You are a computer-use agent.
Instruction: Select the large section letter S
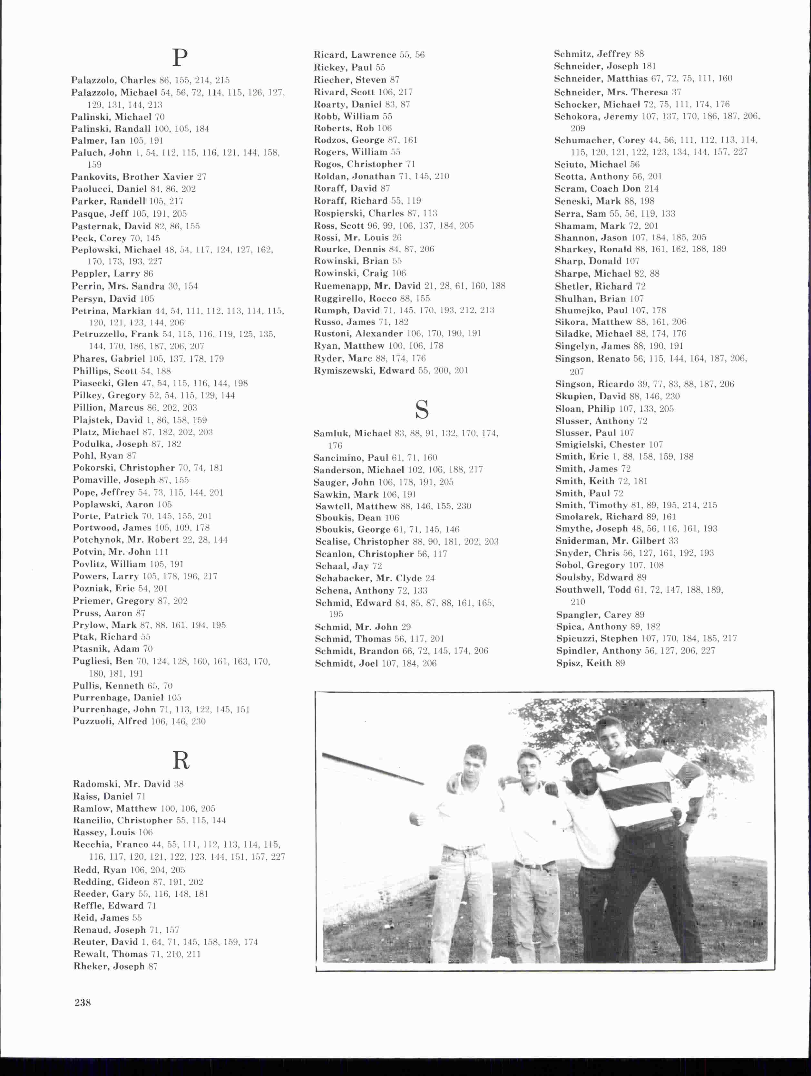pos(422,410)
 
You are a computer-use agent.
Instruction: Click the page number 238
pos(83,1003)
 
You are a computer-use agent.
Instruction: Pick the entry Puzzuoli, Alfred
pos(110,721)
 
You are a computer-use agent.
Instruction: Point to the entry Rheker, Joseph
pos(109,966)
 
